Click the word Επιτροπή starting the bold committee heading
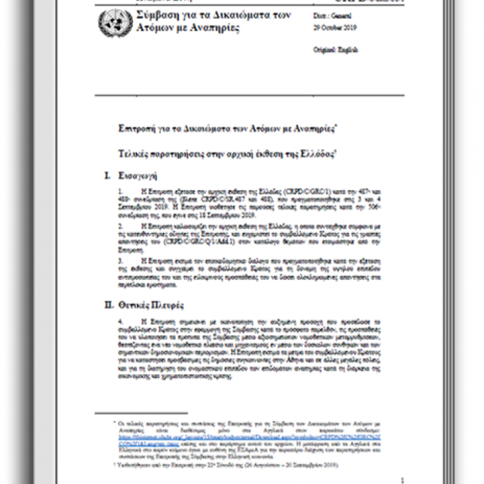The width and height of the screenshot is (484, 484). [137, 128]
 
